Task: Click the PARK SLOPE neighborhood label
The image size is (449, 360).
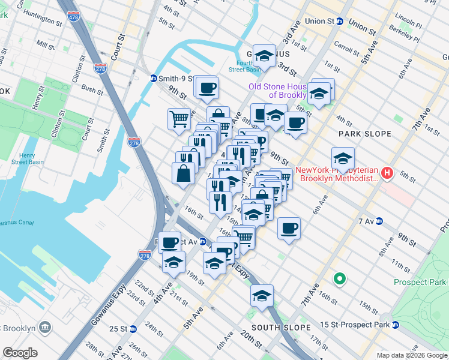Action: coord(364,134)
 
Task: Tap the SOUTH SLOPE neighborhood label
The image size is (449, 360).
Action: coord(281,327)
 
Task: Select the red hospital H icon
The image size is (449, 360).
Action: coord(388,174)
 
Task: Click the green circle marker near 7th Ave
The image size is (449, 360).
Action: coord(339,278)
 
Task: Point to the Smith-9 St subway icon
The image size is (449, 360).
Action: coord(154,79)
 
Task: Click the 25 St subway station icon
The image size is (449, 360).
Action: coord(133,329)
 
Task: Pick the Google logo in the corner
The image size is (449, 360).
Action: coord(20,352)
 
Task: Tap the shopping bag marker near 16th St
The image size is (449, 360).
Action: coord(183,173)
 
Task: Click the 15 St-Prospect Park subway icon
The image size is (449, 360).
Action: coord(396,325)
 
